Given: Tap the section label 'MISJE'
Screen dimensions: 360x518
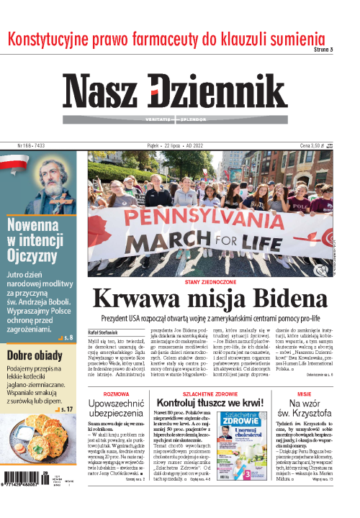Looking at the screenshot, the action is [304, 394].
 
